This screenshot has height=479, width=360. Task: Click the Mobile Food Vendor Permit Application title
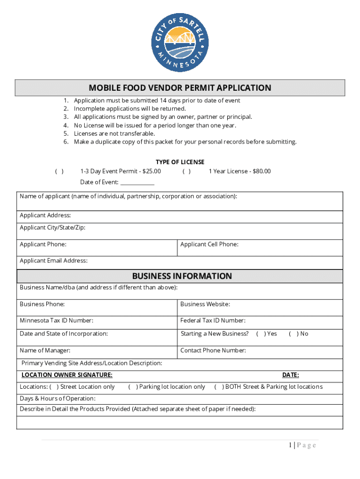[x=180, y=88]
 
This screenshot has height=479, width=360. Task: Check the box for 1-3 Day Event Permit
[x=59, y=171]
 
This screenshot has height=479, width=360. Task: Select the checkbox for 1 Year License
[x=187, y=171]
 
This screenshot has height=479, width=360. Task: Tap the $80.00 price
[x=261, y=171]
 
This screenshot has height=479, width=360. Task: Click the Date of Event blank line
[x=137, y=183]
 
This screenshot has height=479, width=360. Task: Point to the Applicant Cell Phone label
[x=209, y=244]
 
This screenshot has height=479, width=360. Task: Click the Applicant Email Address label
[x=53, y=261]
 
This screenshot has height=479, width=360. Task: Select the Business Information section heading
[x=182, y=276]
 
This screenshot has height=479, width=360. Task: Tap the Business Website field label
[x=205, y=304]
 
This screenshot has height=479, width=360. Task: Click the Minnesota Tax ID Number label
[x=56, y=320]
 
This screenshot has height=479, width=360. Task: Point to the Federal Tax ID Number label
[x=213, y=320]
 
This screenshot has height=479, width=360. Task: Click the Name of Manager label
[x=45, y=350]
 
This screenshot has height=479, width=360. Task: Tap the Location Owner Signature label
[x=67, y=375]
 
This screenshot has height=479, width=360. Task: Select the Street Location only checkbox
[x=54, y=387]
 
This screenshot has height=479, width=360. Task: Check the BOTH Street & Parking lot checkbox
[x=219, y=387]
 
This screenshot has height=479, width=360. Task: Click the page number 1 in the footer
[x=290, y=445]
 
